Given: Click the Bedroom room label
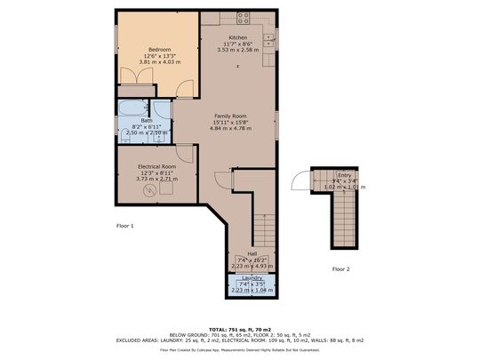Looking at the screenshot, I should (x=160, y=49).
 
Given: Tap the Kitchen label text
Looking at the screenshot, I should (x=237, y=37).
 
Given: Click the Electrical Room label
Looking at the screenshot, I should (x=156, y=166).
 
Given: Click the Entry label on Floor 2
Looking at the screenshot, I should (x=344, y=175).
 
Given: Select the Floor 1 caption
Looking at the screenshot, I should (x=125, y=226).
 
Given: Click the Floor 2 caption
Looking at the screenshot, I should (x=341, y=268).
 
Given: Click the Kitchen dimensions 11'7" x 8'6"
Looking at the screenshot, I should (x=237, y=44).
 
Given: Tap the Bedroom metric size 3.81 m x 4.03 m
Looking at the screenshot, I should (x=160, y=62).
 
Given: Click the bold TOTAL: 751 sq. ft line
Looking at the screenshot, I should (x=240, y=328).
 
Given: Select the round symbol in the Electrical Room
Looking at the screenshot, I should (x=151, y=191).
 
